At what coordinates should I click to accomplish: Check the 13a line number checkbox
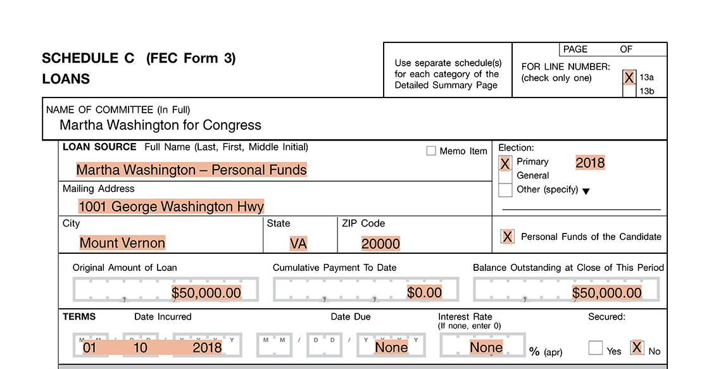[x=629, y=77]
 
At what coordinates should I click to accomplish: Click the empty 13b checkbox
[x=629, y=91]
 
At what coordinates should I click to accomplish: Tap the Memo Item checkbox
[x=431, y=151]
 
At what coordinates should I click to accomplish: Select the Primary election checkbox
[x=505, y=163]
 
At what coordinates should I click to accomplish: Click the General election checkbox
[x=505, y=176]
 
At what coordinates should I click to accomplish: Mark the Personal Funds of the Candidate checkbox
[x=507, y=237]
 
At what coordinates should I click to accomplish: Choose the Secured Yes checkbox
[x=595, y=348]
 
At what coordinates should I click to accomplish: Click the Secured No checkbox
[x=637, y=347]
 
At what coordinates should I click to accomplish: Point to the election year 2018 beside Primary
[x=590, y=163]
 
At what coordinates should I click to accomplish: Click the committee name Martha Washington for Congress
[x=160, y=125]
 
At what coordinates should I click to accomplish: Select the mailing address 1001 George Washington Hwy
[x=171, y=206]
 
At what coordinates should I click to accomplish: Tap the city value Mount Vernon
[x=122, y=243]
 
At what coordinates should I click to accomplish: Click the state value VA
[x=298, y=244]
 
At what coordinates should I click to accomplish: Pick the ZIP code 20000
[x=380, y=244]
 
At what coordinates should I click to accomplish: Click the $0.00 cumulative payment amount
[x=424, y=292]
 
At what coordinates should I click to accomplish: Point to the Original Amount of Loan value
[x=206, y=292]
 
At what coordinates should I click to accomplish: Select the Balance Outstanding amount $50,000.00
[x=606, y=292]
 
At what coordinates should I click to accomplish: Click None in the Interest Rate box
[x=486, y=347]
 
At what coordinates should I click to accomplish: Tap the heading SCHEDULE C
[x=88, y=58]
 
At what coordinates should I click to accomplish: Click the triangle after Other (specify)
[x=586, y=191]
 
